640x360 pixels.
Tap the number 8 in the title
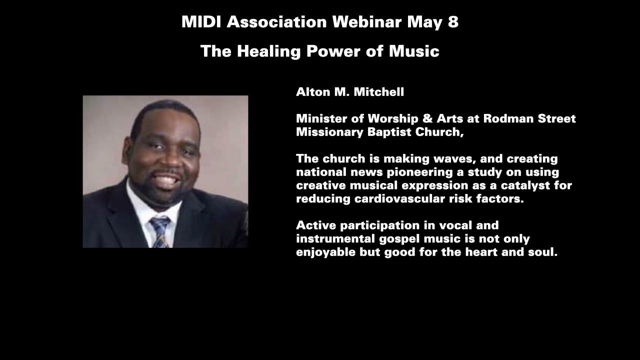(453, 22)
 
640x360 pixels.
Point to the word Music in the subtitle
(414, 51)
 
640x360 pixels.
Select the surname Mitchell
(379, 92)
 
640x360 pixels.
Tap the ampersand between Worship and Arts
(427, 118)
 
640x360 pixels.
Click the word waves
(459, 159)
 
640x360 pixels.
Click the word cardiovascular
(399, 199)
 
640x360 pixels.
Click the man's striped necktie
(160, 232)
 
